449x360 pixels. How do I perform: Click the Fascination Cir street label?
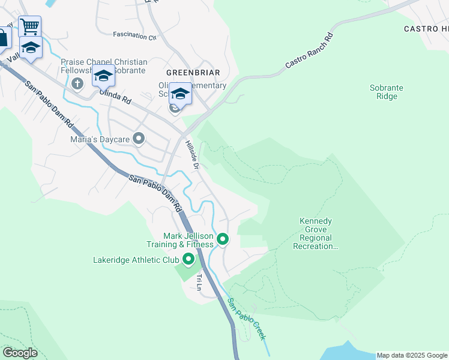pos(134,36)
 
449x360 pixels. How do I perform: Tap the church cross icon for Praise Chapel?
pos(77,83)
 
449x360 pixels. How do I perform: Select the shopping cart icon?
pos(29,26)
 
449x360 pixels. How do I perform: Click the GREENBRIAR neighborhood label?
pos(193,73)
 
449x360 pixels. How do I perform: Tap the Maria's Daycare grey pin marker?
pos(139,139)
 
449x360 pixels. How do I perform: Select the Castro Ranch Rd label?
pos(309,50)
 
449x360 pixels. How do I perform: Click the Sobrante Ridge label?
pos(386,92)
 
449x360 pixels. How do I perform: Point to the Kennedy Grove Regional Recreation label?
pos(316,234)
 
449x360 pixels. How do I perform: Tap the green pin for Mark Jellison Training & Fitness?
pos(223,239)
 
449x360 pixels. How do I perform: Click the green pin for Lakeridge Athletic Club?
pos(188,260)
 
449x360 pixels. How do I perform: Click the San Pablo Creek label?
pos(246,319)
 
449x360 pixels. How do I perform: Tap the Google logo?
pos(19,352)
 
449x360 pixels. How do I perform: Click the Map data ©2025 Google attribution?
pos(412,355)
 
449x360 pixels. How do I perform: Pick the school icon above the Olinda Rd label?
pos(103,76)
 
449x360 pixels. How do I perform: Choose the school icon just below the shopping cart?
pos(30,47)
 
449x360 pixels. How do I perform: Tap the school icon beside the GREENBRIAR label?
pos(179,93)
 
